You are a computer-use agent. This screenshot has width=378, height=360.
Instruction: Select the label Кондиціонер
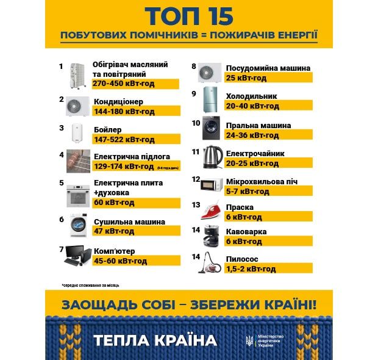click(x=118, y=101)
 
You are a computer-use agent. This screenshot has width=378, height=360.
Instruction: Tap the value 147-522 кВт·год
click(x=119, y=140)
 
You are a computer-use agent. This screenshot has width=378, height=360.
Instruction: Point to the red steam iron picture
click(x=210, y=210)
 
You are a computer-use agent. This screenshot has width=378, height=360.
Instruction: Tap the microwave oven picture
click(x=210, y=184)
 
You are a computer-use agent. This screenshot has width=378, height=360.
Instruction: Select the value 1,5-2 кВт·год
click(x=251, y=269)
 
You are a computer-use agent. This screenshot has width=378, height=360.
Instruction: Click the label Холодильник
click(x=251, y=96)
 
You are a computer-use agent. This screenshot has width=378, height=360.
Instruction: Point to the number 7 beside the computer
click(x=62, y=249)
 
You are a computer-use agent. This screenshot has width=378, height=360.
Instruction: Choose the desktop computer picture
click(x=77, y=256)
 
